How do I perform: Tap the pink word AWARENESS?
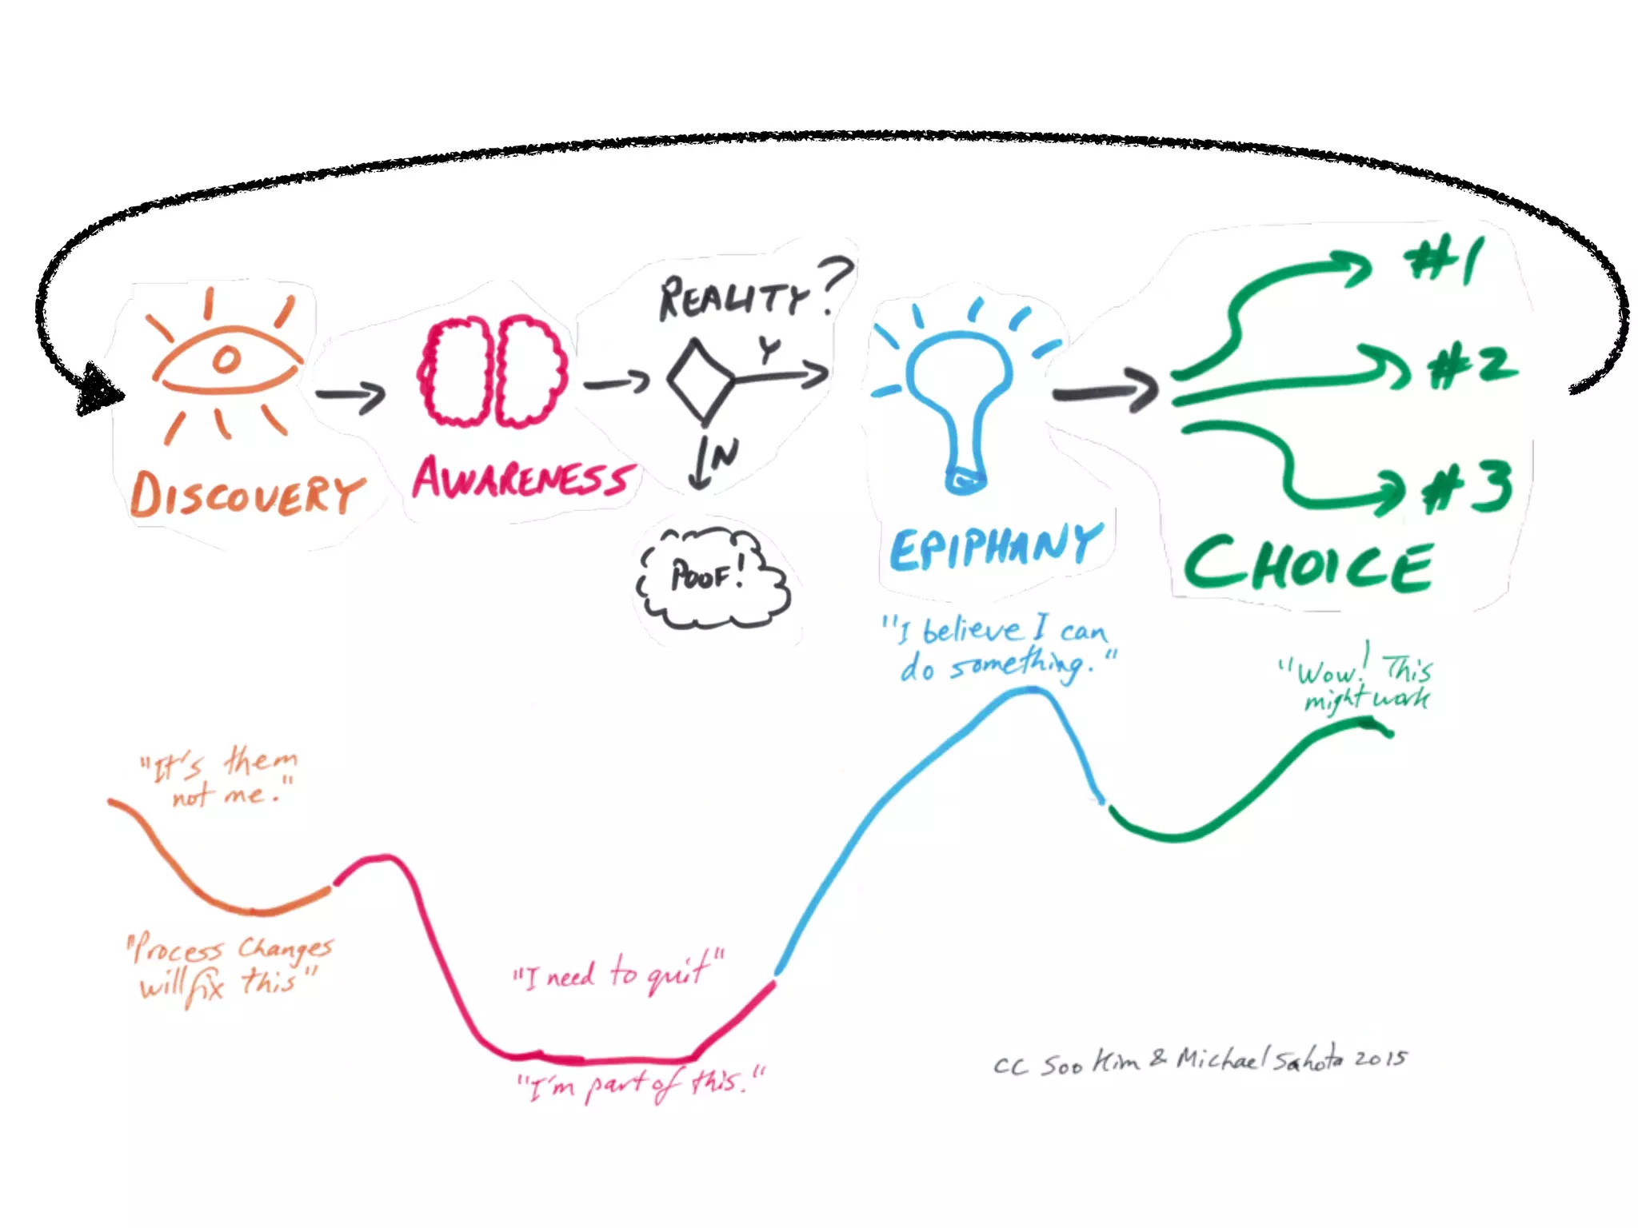point(524,479)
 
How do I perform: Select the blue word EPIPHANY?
point(996,548)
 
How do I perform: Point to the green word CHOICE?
point(1308,565)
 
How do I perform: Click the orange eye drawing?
point(226,361)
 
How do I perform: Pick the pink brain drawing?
point(493,372)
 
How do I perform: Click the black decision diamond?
point(701,381)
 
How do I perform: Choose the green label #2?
point(1472,367)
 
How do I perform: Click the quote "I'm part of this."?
point(640,1084)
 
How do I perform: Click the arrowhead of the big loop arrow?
point(98,389)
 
